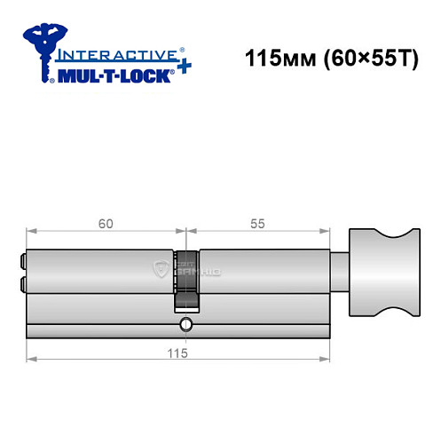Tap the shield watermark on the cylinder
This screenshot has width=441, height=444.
[161, 269]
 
